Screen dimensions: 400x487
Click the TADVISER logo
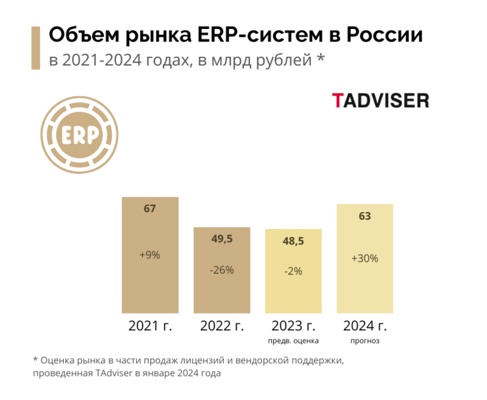380,101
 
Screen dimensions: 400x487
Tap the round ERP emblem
80,135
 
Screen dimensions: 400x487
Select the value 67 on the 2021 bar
150,209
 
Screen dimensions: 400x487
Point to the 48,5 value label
293,241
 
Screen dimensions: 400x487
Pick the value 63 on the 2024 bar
365,216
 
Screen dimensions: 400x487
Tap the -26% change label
221,270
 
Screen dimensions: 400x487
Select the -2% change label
293,271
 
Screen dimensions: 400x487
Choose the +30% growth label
365,259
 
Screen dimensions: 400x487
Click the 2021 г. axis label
150,325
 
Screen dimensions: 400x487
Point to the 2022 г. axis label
222,325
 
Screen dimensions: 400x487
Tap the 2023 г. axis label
294,325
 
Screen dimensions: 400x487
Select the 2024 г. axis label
365,325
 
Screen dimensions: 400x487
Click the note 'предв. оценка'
294,341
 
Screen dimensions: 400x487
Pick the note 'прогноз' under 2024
365,341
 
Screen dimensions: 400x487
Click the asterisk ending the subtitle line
320,60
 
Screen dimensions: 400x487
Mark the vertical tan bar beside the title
37,48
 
